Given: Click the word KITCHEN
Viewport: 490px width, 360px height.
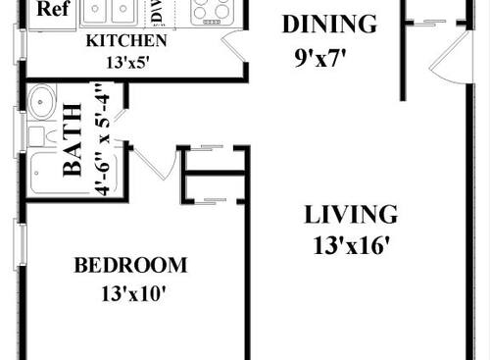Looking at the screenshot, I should [126, 41].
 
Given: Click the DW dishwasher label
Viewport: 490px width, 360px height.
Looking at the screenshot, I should [155, 13].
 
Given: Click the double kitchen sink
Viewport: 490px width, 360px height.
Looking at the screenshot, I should [109, 12].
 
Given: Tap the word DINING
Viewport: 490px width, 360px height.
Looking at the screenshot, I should [328, 24].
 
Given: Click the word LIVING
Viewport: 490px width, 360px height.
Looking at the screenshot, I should [350, 214].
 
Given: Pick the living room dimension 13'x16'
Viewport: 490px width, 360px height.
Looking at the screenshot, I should [350, 244].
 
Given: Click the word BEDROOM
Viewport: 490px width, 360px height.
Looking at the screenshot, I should [130, 264].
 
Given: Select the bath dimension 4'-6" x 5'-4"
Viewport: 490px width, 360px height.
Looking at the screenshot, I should [100, 140].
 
